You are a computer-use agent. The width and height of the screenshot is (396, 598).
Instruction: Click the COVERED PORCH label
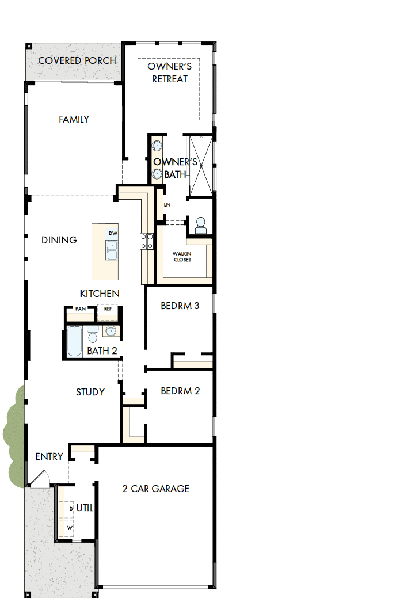pyautogui.click(x=77, y=60)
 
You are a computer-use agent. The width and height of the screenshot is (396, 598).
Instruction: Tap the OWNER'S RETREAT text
pyautogui.click(x=169, y=73)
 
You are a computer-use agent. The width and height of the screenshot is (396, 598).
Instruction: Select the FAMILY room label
pyautogui.click(x=74, y=120)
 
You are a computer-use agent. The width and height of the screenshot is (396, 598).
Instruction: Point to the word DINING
pyautogui.click(x=59, y=240)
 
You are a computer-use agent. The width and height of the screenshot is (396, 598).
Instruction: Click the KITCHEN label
pyautogui.click(x=100, y=294)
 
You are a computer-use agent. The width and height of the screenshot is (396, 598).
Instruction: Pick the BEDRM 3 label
pyautogui.click(x=180, y=306)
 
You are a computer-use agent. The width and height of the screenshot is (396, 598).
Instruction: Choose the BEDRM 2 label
pyautogui.click(x=180, y=391)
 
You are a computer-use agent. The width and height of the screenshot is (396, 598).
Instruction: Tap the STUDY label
pyautogui.click(x=90, y=393)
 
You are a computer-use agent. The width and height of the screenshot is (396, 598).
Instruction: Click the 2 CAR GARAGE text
pyautogui.click(x=155, y=489)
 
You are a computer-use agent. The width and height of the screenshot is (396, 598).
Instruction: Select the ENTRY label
pyautogui.click(x=49, y=457)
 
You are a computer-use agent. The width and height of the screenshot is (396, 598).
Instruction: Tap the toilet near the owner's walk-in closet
pyautogui.click(x=201, y=225)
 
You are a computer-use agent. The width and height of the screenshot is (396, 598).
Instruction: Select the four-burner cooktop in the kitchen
pyautogui.click(x=147, y=241)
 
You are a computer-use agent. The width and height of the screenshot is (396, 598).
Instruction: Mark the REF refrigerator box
pyautogui.click(x=107, y=309)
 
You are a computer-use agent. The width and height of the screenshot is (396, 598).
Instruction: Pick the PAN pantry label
pyautogui.click(x=81, y=309)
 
